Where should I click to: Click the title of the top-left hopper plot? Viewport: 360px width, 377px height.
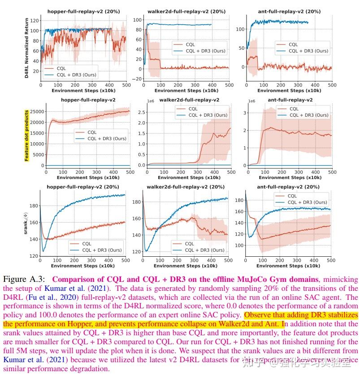click(83, 12)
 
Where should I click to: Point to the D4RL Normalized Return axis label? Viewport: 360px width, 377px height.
click(27, 48)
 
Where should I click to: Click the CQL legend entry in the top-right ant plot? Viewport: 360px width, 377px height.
click(293, 44)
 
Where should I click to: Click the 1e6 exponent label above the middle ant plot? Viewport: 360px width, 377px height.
click(252, 101)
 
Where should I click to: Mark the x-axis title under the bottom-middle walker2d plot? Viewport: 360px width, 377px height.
click(185, 266)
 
